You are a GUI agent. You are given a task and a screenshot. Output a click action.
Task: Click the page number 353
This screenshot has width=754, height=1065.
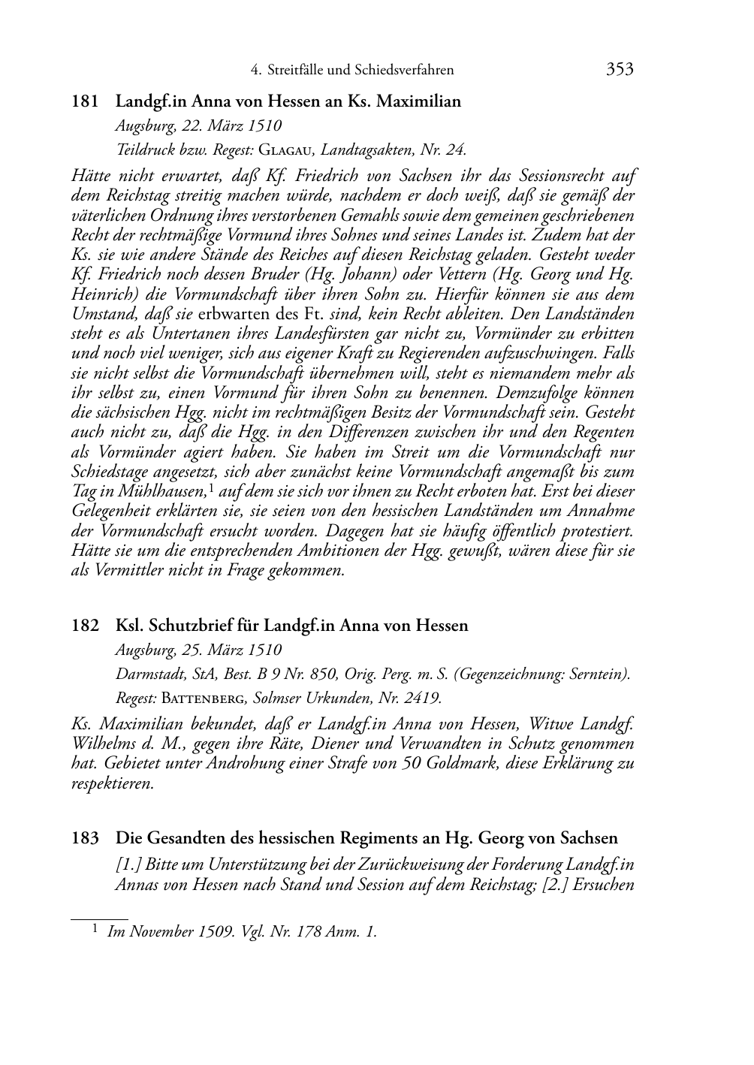click(x=620, y=70)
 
